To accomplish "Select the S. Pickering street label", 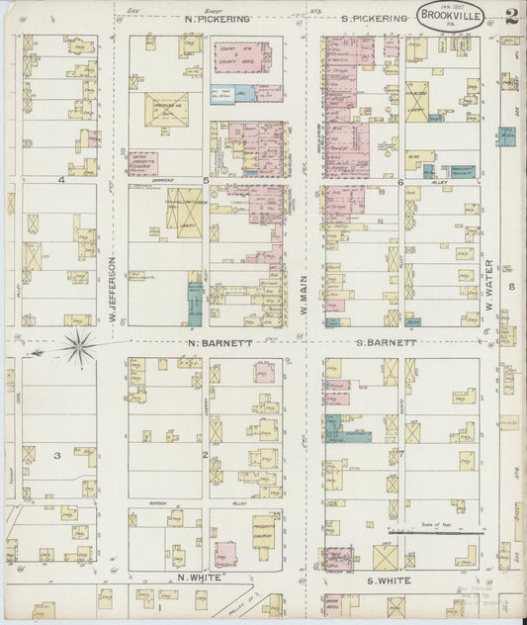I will tap(374, 19).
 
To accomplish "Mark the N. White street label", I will tap(196, 577).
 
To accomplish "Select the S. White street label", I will tap(380, 577).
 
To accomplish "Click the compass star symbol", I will tap(79, 347).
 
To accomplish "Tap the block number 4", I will tap(60, 180).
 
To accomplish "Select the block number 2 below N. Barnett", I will tap(205, 454).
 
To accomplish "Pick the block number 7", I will tap(401, 454).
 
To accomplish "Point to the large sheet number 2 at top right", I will tap(514, 16).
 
